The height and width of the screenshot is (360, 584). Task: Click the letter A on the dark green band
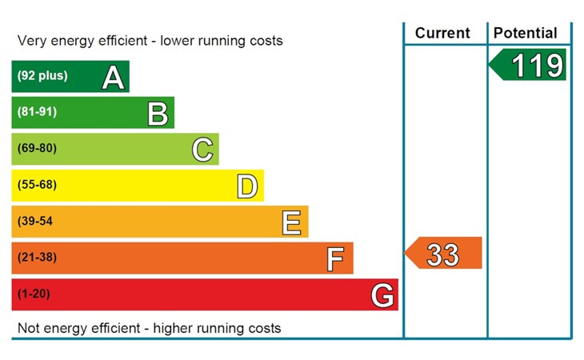(114, 77)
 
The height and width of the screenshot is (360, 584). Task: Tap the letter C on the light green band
(203, 150)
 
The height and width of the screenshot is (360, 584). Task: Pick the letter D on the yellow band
(248, 186)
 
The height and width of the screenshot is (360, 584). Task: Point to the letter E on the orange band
(293, 222)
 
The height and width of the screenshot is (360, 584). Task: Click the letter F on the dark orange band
(336, 258)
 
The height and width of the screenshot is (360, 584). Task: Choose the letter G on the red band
(382, 295)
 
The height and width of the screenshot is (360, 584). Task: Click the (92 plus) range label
(42, 76)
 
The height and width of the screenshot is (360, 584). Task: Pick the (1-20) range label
(34, 294)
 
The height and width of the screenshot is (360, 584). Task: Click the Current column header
(442, 33)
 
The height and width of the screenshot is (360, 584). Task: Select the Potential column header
(526, 33)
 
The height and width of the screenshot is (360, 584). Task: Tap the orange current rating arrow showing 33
(444, 254)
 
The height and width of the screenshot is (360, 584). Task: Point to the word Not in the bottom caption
(29, 328)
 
